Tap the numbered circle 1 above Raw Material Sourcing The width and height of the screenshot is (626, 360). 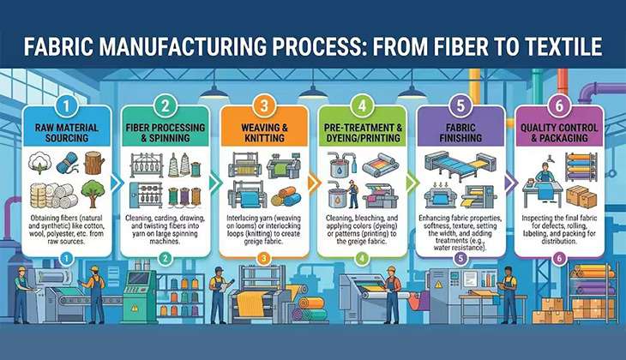coord(66,106)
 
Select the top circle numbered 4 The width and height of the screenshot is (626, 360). coord(362,106)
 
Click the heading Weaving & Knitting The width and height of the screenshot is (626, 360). coord(264,133)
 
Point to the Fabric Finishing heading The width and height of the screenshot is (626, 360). coord(460,133)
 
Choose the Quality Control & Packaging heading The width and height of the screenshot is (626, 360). coord(559,133)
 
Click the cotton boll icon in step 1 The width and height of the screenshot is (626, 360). coord(40,163)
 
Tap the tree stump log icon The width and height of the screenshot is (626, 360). coord(94,163)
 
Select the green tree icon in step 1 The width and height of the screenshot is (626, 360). coord(93,194)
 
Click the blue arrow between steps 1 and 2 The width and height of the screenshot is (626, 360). coord(116,183)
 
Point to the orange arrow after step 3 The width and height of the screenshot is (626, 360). coord(314,183)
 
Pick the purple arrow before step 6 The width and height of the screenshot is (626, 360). coord(510,183)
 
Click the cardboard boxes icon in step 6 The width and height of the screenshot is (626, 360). coord(581,196)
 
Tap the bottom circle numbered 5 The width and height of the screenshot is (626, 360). coord(460,259)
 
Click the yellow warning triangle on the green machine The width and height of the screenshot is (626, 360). coord(135,308)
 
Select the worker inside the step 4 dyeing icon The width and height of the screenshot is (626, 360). coord(352,195)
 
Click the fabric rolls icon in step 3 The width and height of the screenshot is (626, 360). coord(286,197)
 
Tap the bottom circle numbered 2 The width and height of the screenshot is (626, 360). coord(165,259)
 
